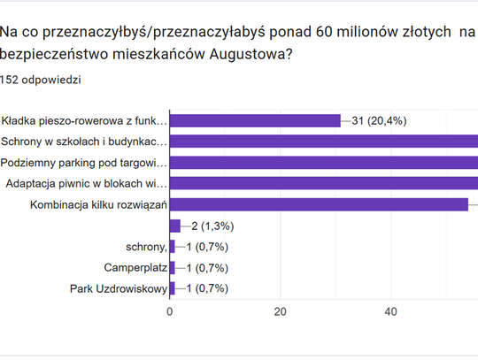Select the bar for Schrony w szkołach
(323, 142)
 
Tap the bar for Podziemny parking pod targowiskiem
(323, 163)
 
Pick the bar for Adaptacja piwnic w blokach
(323, 184)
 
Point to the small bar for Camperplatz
(172, 268)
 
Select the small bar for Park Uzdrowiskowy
(172, 289)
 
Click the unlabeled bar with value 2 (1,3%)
(174, 226)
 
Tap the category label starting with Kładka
(84, 121)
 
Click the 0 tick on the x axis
(169, 311)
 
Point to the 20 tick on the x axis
(280, 311)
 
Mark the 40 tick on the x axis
(390, 311)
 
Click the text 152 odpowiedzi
(42, 80)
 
